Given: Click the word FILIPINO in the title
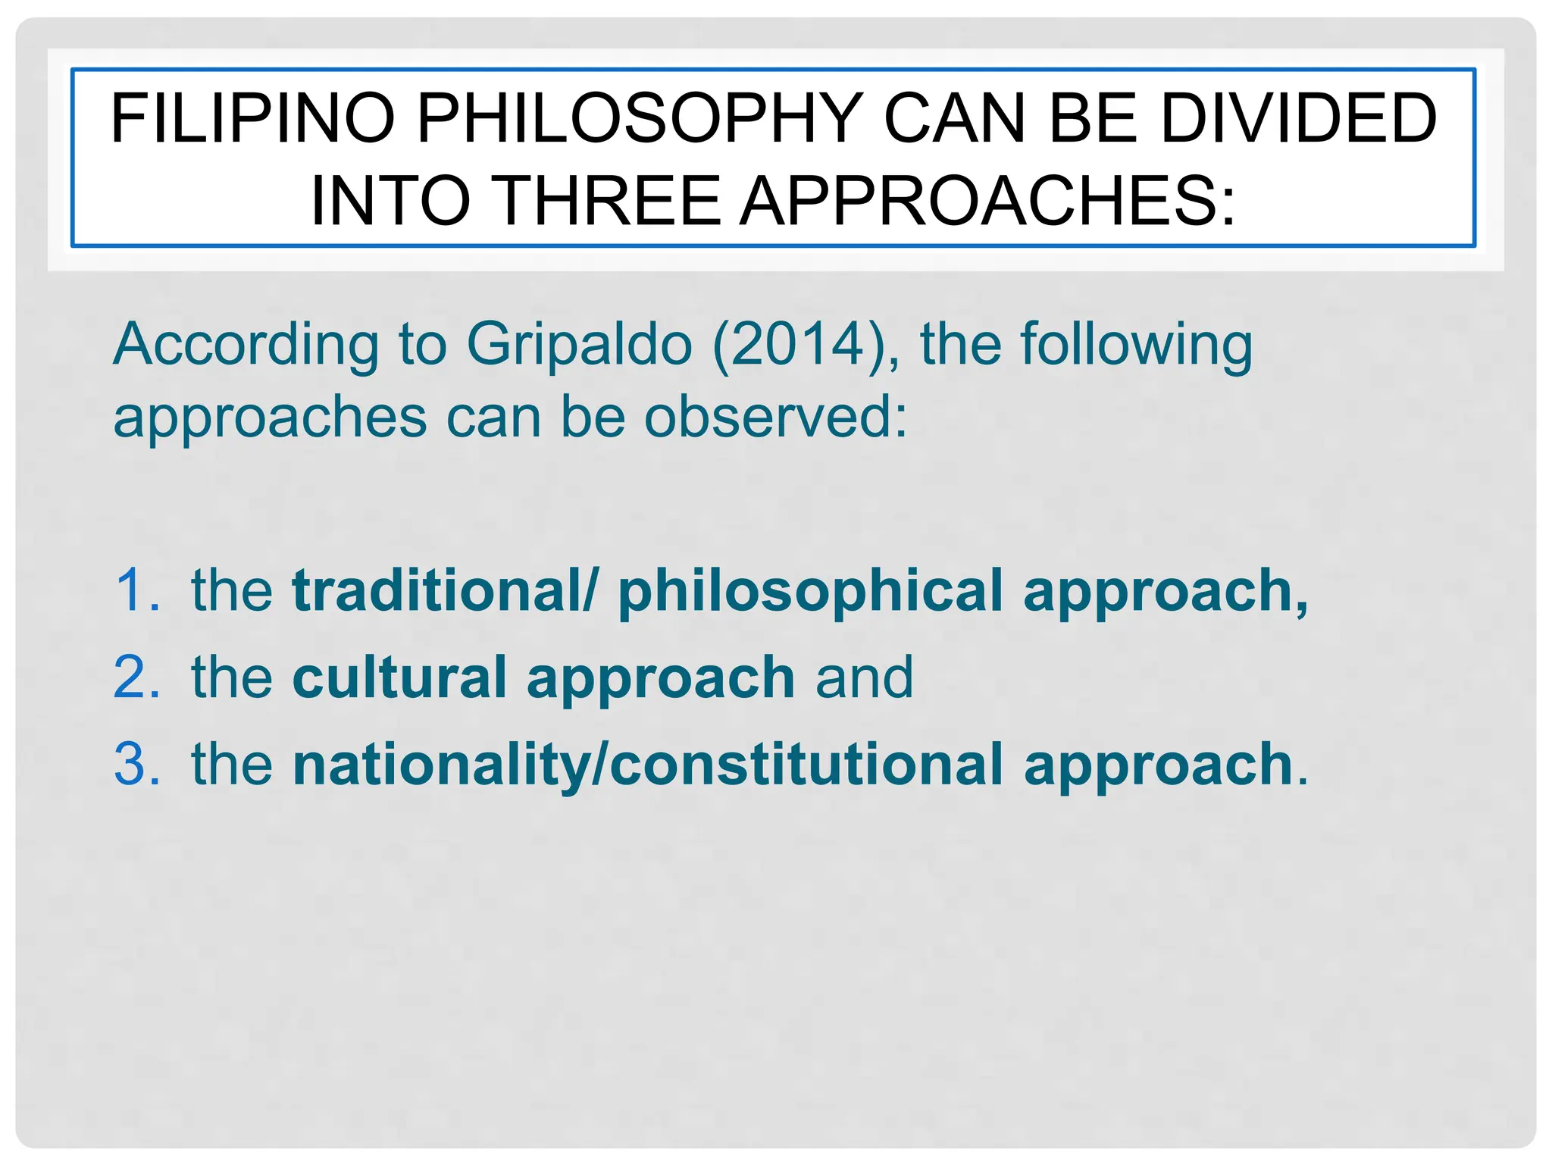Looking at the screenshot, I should pyautogui.click(x=252, y=118).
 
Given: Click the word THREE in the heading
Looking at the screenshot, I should pyautogui.click(x=609, y=201).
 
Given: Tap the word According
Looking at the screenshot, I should pyautogui.click(x=246, y=345).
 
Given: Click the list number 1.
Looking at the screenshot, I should pyautogui.click(x=137, y=590).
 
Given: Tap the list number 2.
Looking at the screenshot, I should pyautogui.click(x=137, y=677).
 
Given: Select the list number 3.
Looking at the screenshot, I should pyautogui.click(x=137, y=764).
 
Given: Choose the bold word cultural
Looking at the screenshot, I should pyautogui.click(x=399, y=677).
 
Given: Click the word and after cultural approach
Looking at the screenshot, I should pyautogui.click(x=864, y=677).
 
